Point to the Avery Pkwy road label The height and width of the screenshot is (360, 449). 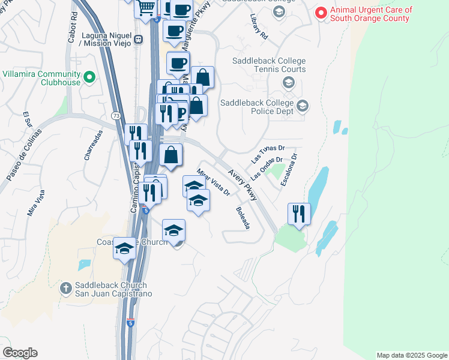point(242,184)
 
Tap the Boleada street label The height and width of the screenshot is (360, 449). point(243,218)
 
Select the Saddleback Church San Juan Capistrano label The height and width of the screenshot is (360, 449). point(113,289)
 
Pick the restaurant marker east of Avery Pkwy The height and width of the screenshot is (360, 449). point(298,213)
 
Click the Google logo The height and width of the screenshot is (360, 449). point(20,353)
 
